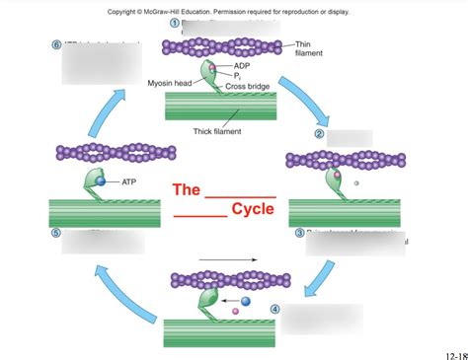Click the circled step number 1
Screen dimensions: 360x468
(x=175, y=23)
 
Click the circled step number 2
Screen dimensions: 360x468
(x=319, y=134)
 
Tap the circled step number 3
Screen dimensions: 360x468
(x=299, y=233)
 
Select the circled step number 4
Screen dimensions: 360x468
(x=274, y=309)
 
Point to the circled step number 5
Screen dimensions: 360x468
(x=55, y=234)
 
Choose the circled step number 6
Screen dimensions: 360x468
(x=55, y=45)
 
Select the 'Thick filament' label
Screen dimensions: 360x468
(x=219, y=130)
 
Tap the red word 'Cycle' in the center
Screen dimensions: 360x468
(x=252, y=209)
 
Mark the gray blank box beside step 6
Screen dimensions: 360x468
(x=100, y=66)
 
